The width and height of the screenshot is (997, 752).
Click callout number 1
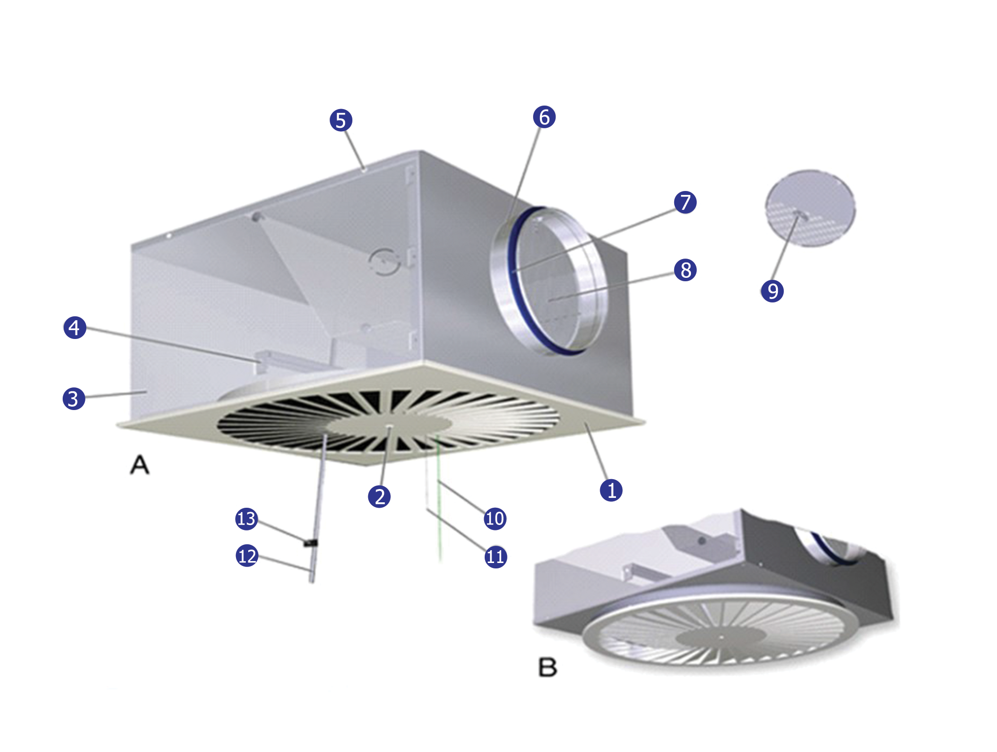(611, 490)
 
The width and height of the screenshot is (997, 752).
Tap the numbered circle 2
(380, 496)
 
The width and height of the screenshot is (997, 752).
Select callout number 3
(74, 399)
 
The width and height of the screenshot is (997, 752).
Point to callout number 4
(75, 328)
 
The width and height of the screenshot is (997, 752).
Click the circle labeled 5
(341, 120)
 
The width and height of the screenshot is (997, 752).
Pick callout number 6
(544, 117)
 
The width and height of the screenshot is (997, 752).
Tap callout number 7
(686, 202)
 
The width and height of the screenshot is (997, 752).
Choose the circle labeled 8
(686, 270)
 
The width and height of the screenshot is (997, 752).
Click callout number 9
(772, 291)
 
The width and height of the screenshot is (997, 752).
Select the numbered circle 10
(495, 519)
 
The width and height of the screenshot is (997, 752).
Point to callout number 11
(496, 557)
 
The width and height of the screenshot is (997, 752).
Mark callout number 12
(247, 556)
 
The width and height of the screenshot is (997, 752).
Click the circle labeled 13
(247, 519)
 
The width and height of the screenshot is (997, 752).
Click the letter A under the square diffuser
(140, 465)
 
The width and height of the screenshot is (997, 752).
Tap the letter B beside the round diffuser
(547, 668)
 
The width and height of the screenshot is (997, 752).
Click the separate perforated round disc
(810, 208)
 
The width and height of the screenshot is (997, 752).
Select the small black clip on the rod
(310, 543)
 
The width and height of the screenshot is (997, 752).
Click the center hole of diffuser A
(390, 426)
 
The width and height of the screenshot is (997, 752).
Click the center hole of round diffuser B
(721, 637)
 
